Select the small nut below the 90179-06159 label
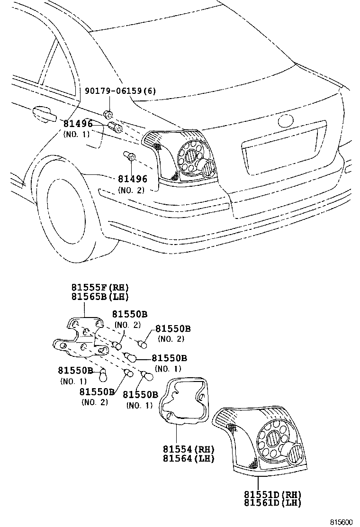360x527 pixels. (108, 114)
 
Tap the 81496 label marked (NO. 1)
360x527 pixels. (78, 124)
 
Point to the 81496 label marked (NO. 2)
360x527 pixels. (132, 179)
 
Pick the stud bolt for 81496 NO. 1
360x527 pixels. (116, 127)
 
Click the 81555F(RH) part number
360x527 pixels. (100, 288)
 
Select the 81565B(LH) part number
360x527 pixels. (100, 297)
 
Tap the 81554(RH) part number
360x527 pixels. (189, 449)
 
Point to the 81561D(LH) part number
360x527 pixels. (272, 503)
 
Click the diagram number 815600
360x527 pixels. (342, 522)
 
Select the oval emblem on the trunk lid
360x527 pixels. (287, 121)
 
